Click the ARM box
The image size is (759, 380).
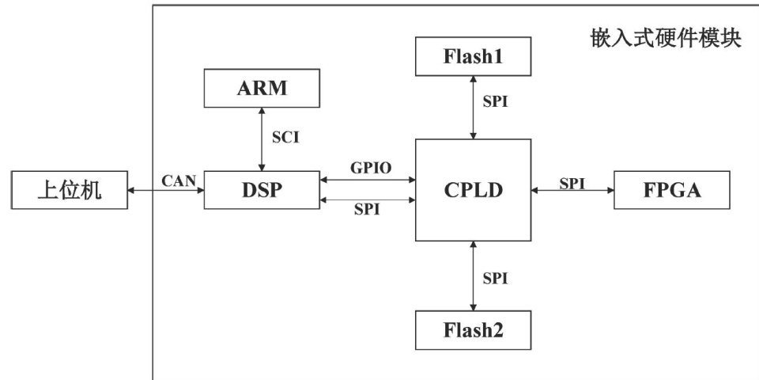coord(262,88)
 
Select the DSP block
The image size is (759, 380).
coord(262,190)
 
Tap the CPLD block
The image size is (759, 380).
coord(473,190)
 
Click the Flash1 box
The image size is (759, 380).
coord(473,55)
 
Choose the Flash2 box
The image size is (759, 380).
coord(473,330)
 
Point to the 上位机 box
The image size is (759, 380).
coord(70,190)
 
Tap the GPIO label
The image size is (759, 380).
coord(368,169)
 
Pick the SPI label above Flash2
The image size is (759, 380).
coord(495,278)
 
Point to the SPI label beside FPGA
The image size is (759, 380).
coord(572,182)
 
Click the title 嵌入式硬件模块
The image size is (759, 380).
coord(665,38)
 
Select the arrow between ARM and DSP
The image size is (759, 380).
coord(262,139)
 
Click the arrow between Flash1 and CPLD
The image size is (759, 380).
coord(473,106)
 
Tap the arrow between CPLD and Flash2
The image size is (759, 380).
coord(473,276)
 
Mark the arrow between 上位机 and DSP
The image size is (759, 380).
coord(165,191)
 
